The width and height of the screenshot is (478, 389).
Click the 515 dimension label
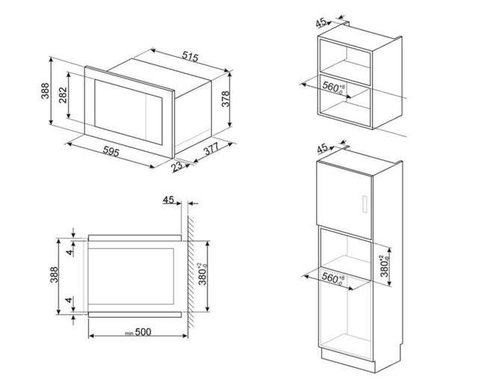pos(190,57)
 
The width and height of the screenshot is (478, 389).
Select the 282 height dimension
pos(63,95)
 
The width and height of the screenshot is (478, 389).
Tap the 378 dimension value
pos(226,99)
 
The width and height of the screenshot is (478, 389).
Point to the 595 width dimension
pos(111,151)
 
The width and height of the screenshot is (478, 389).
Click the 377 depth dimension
pos(211,148)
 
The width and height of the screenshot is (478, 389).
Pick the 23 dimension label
pos(176,166)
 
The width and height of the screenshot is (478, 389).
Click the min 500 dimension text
pos(138,332)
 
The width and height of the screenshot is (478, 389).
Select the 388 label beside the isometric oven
pos(45,91)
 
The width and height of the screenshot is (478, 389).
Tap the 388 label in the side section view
pos(54,275)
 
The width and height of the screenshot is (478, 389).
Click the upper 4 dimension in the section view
pos(70,252)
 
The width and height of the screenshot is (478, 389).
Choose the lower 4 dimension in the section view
pos(69,300)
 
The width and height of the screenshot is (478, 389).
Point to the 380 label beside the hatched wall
pos(202,274)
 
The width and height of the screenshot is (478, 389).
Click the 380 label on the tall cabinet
pos(385,266)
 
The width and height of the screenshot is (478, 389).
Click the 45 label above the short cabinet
pos(320,22)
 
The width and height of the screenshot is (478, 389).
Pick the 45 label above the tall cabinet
pos(322,149)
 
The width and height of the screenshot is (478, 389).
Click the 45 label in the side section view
pos(168,200)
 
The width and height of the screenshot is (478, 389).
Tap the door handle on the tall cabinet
pos(364,203)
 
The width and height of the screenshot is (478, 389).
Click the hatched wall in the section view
pos(191,272)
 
